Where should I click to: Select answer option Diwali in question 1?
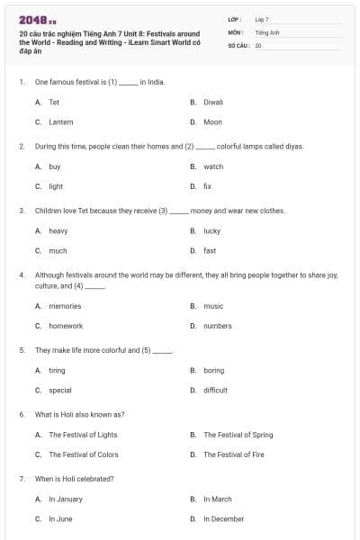click(213, 103)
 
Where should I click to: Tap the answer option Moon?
click(212, 121)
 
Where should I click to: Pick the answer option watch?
click(213, 166)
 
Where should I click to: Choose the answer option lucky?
click(212, 230)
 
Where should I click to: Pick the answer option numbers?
click(217, 326)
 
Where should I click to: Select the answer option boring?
click(214, 370)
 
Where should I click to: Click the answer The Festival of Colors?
click(84, 454)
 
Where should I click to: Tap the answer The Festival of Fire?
click(234, 454)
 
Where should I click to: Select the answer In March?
click(218, 499)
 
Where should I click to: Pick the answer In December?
click(224, 518)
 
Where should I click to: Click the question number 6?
click(22, 414)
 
